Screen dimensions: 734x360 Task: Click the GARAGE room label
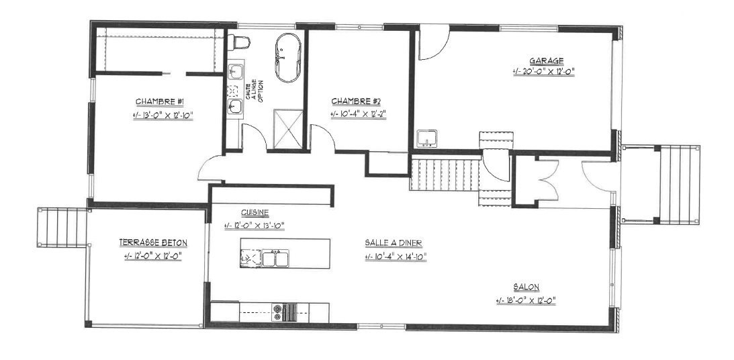click(x=546, y=61)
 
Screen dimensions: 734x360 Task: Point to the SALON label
click(x=526, y=287)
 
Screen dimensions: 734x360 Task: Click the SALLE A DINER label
click(x=394, y=242)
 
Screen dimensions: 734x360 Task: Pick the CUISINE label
click(x=255, y=212)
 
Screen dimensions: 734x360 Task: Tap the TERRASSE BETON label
click(x=153, y=242)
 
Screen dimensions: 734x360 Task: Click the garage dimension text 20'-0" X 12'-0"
click(x=543, y=72)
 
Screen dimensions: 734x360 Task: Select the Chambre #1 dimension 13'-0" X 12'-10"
click(x=163, y=115)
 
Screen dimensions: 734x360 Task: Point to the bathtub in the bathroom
click(x=287, y=58)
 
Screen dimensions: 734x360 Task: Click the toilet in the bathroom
click(x=240, y=42)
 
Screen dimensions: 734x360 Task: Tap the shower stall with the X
click(x=288, y=129)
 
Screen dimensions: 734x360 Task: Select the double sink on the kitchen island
click(x=275, y=259)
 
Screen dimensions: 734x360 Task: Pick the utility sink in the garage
click(x=426, y=138)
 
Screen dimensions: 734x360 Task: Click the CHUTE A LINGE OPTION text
click(x=255, y=92)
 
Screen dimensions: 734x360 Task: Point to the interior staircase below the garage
click(x=445, y=174)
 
